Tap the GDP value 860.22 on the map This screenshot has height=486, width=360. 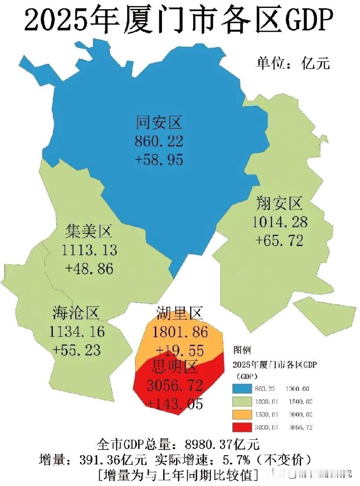[x=159, y=141]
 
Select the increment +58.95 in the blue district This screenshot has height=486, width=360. [x=159, y=159]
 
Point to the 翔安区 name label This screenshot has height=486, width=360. [x=279, y=203]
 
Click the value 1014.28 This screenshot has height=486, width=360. [x=279, y=221]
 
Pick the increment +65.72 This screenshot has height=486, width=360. [x=279, y=240]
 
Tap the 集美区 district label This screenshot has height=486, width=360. [x=89, y=231]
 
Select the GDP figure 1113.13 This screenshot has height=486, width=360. [x=89, y=250]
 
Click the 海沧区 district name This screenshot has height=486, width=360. [x=77, y=313]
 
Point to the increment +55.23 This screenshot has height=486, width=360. [x=77, y=350]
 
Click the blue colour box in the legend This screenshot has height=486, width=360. [x=241, y=389]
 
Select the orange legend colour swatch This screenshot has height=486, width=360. [x=241, y=414]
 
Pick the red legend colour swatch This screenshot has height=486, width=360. [x=241, y=427]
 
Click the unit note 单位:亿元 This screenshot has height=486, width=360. [x=293, y=63]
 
